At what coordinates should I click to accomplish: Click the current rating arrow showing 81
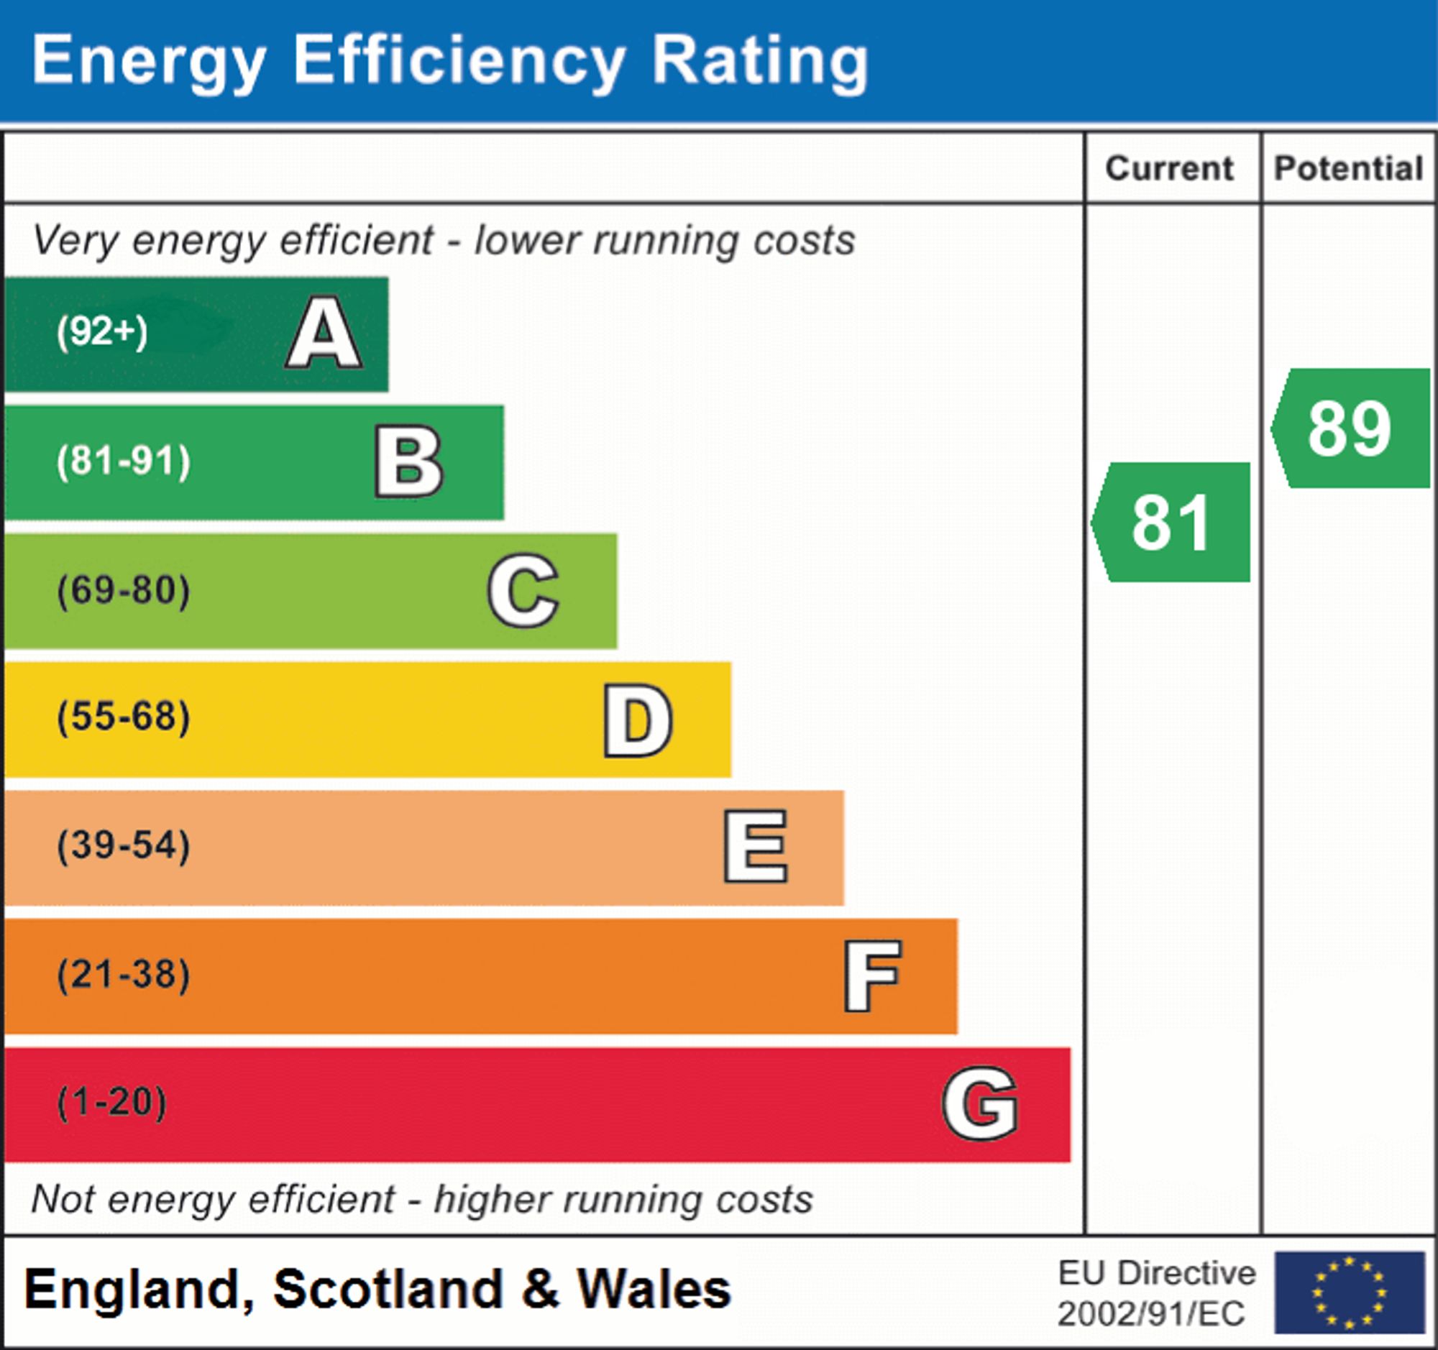coord(1172,522)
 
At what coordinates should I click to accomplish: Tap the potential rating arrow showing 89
coord(1351,428)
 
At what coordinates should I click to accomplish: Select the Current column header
coord(1170,168)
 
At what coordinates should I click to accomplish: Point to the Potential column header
coord(1348,168)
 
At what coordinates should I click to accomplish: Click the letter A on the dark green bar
coord(324,334)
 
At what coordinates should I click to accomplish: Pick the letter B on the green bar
coord(408,462)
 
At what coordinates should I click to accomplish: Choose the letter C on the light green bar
coord(523,590)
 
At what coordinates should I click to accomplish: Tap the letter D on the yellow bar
coord(638,720)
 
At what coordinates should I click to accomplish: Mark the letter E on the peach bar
coord(755,846)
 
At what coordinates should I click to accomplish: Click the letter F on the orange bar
coord(872,975)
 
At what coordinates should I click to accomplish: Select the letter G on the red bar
coord(980,1103)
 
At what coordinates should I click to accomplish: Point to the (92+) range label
coord(102,332)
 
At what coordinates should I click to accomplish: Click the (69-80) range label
coord(124,590)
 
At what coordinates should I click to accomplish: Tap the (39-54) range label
coord(124,845)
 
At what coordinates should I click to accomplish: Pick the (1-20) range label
coord(112,1103)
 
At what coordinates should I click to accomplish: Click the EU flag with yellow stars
coord(1349,1292)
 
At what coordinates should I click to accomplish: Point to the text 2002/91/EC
coord(1151,1314)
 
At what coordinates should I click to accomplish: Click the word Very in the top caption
coord(75,240)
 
